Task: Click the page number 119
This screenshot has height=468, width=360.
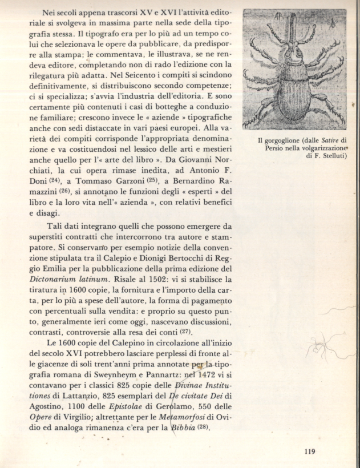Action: coord(310,451)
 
